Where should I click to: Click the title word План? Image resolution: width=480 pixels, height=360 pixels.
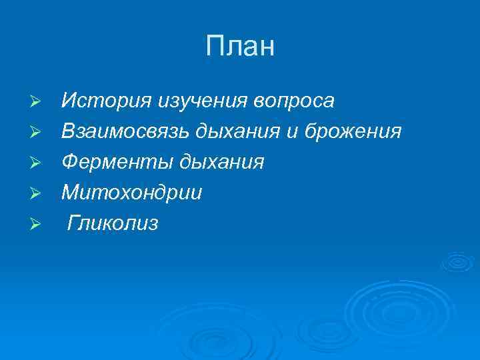(240, 47)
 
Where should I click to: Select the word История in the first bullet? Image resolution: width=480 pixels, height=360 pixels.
(107, 101)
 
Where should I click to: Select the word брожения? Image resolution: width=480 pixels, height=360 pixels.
(353, 132)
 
